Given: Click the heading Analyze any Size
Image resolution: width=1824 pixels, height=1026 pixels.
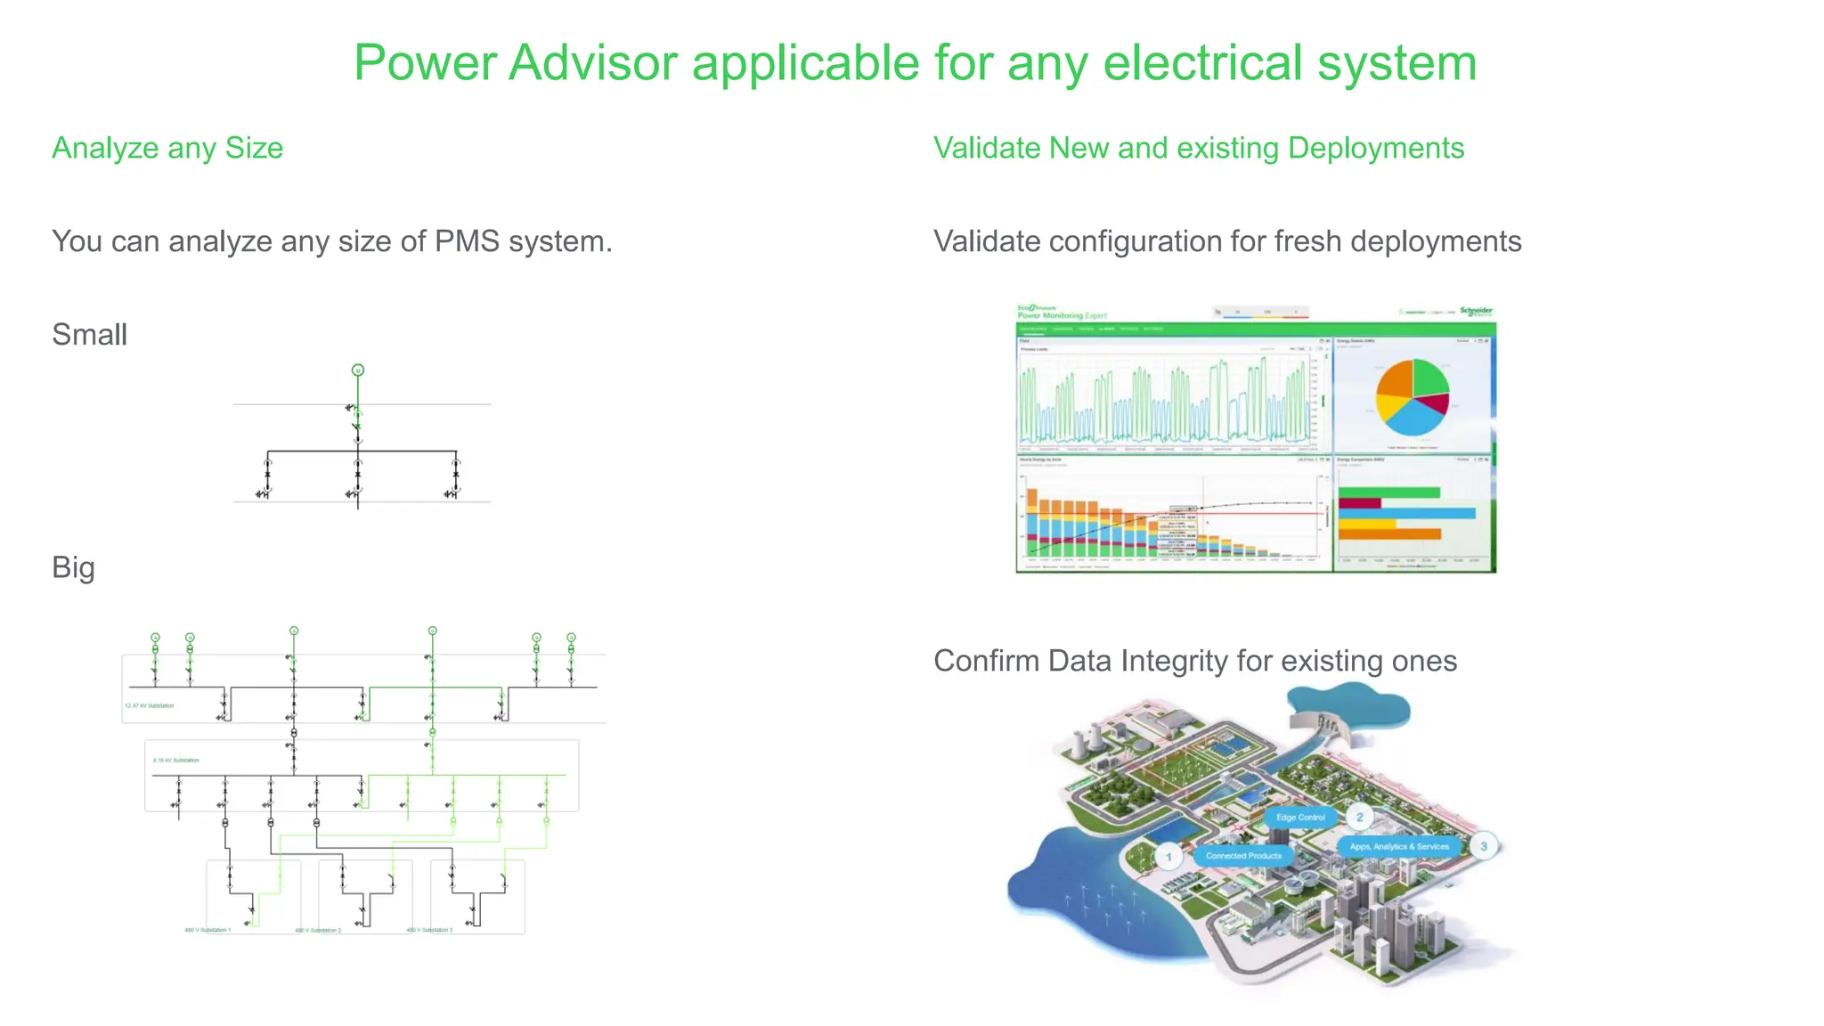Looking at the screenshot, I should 167,148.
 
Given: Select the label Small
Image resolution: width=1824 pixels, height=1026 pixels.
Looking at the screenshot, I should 89,335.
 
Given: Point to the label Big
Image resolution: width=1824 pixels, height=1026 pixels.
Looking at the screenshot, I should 73,568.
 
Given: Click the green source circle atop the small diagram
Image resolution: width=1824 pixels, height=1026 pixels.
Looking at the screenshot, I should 358,370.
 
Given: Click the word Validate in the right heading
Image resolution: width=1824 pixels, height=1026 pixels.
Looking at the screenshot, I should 987,148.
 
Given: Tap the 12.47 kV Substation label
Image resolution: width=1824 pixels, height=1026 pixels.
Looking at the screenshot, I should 150,705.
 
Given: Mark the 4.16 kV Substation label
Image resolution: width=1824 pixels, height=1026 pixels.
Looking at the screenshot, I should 176,761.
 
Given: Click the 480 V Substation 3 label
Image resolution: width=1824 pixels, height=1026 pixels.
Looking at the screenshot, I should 429,930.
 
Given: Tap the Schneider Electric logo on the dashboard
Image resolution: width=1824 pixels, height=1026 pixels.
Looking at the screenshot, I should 1475,312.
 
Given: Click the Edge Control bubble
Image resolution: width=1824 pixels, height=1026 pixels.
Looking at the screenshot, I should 1300,817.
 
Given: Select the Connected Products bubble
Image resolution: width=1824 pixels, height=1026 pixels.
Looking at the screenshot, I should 1243,856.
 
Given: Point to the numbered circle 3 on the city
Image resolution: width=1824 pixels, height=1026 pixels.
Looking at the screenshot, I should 1484,846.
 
